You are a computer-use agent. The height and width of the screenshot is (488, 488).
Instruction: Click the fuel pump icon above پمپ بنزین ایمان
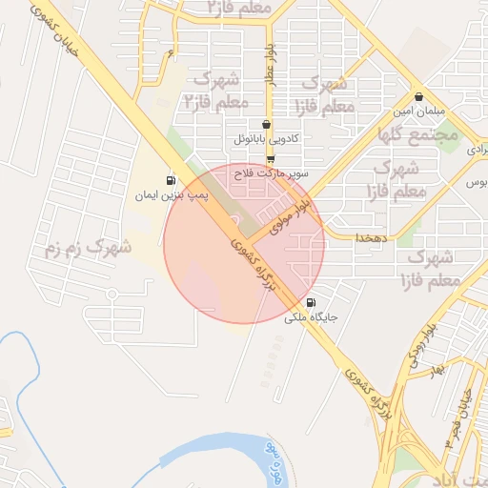click(x=171, y=180)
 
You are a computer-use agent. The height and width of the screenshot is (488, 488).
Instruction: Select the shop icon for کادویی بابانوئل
click(x=266, y=124)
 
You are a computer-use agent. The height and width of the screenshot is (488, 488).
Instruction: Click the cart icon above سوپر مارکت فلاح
click(x=271, y=159)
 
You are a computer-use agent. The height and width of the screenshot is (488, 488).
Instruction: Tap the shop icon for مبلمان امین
click(x=419, y=96)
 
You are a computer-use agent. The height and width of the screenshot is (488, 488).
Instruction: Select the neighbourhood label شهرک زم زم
click(x=87, y=248)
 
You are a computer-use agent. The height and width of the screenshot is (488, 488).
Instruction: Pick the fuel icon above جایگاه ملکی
click(x=311, y=302)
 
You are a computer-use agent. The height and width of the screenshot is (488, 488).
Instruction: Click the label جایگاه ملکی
click(x=311, y=317)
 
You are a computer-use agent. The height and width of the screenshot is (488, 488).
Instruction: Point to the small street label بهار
click(x=437, y=368)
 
